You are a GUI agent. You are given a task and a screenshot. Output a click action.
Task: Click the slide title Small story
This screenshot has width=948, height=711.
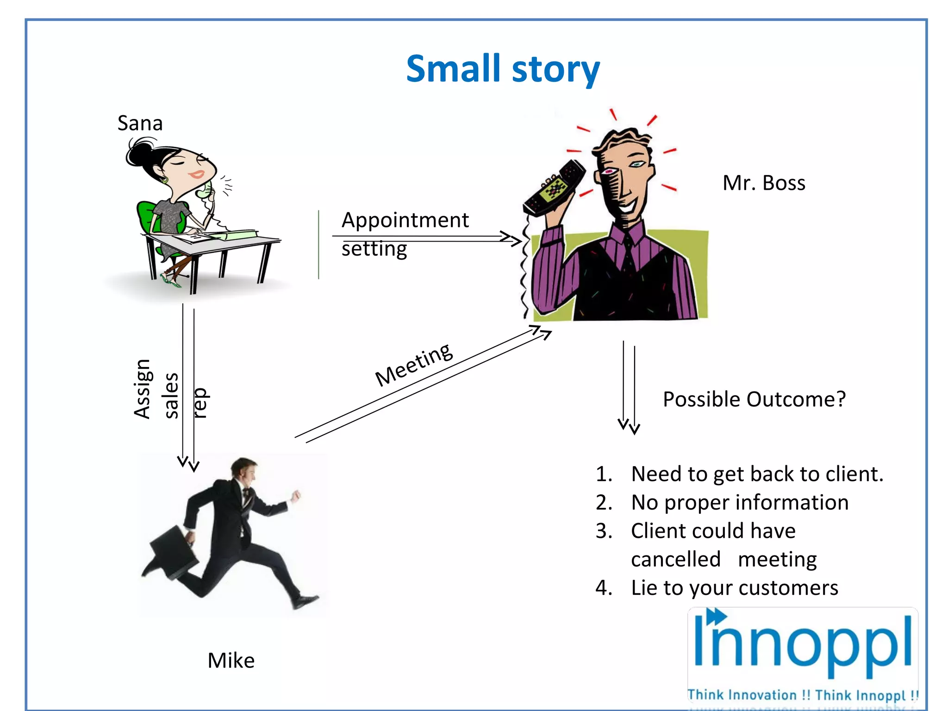[503, 69]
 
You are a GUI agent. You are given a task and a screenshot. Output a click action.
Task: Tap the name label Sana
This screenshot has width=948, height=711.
[140, 124]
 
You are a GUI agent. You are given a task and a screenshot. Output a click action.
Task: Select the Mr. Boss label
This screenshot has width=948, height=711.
[764, 183]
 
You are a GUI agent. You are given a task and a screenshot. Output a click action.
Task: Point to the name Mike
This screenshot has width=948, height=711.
[231, 661]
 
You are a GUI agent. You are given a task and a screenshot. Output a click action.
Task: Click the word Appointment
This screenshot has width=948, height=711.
[405, 220]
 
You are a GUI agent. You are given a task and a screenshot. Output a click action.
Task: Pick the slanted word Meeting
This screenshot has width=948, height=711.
[414, 365]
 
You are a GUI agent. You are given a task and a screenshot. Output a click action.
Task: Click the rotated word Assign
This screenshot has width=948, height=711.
[142, 389]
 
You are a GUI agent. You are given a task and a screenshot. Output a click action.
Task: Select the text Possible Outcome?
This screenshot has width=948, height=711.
[754, 399]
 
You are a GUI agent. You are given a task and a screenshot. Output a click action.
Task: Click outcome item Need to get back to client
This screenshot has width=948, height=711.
[757, 474]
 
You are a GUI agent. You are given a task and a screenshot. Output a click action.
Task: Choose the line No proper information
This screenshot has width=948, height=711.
[740, 503]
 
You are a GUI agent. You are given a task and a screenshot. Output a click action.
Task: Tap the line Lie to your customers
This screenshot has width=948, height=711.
[735, 588]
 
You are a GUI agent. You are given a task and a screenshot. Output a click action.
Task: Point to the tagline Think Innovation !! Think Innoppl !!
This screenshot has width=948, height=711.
[802, 695]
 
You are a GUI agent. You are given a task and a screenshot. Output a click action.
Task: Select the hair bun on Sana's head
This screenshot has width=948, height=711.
[139, 153]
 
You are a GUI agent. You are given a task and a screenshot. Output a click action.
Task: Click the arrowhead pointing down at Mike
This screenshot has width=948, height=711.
[189, 463]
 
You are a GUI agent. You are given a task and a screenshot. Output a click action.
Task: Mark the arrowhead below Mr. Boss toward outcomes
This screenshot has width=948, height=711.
[629, 426]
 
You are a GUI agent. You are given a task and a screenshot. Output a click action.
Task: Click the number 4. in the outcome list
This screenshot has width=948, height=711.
[604, 588]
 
